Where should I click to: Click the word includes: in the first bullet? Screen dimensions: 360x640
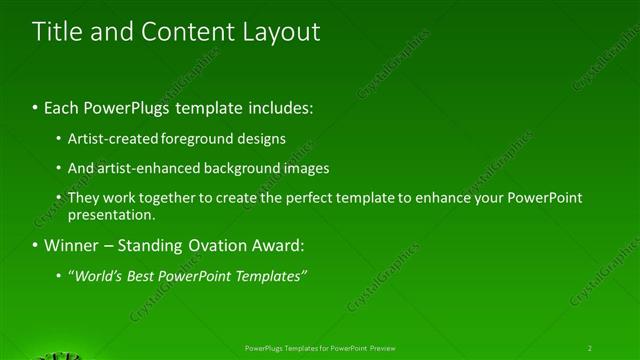point(277,106)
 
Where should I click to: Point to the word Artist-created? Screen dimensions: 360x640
point(111,139)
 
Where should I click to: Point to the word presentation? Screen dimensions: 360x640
point(111,214)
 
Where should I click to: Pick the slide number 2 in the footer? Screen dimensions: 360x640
point(589,347)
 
